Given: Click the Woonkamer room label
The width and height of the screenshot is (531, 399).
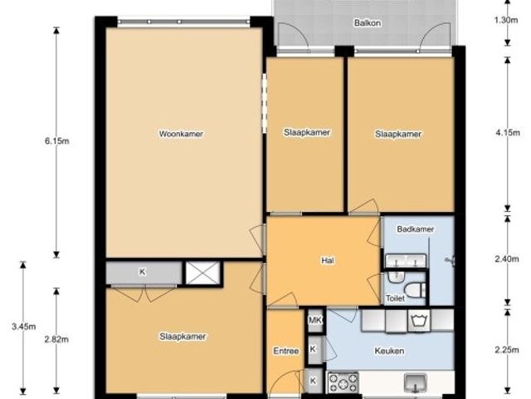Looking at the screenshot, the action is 181,134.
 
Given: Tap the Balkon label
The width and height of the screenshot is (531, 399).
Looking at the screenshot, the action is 368,23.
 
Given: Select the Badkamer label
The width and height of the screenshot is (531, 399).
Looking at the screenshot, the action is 415,229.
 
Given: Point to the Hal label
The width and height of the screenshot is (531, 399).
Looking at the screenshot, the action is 328,260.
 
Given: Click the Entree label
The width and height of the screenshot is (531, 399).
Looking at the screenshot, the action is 285,351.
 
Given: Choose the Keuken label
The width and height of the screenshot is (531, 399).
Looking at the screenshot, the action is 389,351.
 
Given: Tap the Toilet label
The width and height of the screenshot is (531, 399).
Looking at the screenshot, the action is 396,298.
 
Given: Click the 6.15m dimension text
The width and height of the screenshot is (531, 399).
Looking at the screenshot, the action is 57,140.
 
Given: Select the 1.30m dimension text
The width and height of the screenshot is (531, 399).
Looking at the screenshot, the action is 506,20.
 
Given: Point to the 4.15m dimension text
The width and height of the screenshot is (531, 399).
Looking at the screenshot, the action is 508,133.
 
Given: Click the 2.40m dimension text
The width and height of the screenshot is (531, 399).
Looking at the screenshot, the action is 507,259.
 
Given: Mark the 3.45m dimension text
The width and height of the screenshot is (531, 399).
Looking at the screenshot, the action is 24,327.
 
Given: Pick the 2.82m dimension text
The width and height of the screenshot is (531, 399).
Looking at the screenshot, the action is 56,339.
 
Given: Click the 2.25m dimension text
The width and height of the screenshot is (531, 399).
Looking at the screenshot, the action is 507,350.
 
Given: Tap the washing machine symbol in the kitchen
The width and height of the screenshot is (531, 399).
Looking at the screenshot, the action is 419,320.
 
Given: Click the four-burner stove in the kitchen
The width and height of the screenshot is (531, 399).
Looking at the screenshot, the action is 343,383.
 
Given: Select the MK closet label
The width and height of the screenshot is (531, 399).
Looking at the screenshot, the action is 315,319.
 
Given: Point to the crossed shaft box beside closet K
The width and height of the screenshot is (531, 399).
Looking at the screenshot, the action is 202,273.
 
